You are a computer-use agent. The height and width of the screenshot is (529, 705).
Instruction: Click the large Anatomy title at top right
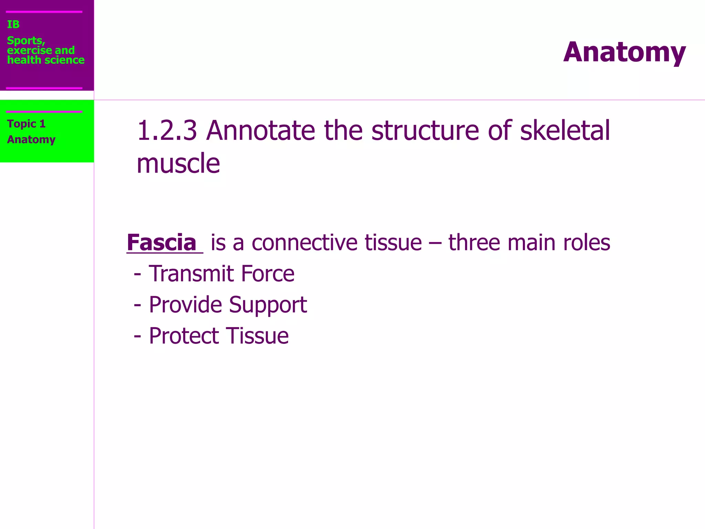coord(624,52)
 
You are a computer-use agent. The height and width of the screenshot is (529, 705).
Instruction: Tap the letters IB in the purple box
coord(13,24)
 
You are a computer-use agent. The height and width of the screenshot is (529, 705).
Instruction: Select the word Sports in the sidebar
coord(25,41)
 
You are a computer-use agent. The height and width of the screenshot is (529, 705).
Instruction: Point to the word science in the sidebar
coord(66,60)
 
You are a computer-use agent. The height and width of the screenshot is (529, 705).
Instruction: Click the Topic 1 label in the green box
coord(26,124)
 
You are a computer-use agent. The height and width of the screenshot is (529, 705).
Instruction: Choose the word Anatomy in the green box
coord(31,139)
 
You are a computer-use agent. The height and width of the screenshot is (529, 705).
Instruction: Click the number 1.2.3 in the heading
coord(167,131)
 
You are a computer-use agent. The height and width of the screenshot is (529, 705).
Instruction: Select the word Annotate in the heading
coord(261,131)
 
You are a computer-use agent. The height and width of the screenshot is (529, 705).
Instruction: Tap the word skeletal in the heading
coord(565,131)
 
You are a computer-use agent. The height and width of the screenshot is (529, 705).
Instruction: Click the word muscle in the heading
coord(178,163)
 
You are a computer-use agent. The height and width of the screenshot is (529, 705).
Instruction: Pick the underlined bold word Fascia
coord(161,242)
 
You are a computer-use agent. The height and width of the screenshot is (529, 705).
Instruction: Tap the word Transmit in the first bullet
coord(191,274)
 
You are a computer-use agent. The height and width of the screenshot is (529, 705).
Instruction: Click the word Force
coord(267,274)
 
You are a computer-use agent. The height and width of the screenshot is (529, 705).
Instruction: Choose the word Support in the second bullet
coord(267,305)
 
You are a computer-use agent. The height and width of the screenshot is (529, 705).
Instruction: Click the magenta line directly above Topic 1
coord(44,112)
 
